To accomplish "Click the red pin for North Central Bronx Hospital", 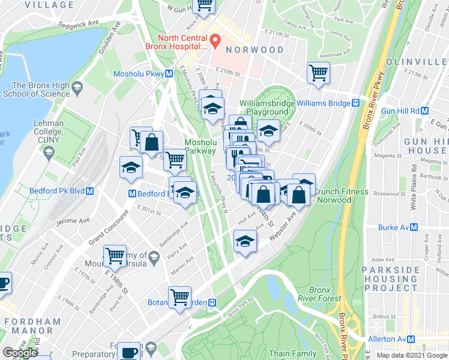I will click(x=214, y=40).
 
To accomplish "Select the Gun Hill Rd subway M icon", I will click(x=424, y=110).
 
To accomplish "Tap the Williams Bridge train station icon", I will click(x=355, y=103).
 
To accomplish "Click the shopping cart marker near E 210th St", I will click(x=318, y=73).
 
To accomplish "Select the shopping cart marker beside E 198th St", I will click(x=115, y=256).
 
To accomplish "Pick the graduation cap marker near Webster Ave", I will click(x=245, y=241).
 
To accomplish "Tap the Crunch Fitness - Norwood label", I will click(x=342, y=196).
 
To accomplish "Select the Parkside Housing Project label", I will click(x=399, y=279).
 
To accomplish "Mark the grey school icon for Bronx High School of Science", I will click(x=77, y=89).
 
